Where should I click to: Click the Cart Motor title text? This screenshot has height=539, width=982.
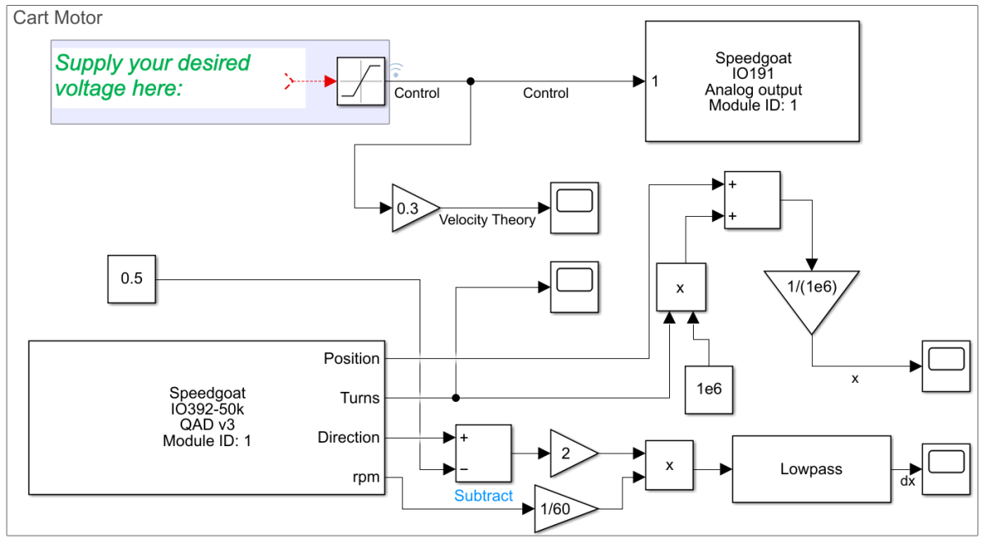[57, 17]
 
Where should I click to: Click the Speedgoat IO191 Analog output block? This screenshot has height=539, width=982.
[753, 81]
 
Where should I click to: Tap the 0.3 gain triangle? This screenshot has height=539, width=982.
[411, 208]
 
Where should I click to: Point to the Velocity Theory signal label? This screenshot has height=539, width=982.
[487, 220]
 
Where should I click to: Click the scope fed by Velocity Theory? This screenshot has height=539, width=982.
[575, 207]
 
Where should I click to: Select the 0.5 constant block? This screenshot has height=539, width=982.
[131, 279]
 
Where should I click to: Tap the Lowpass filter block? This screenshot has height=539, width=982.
[810, 469]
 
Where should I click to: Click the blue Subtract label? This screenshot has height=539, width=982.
[484, 496]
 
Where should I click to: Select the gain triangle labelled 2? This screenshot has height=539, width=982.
[571, 452]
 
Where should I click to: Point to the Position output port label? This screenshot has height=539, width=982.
[351, 358]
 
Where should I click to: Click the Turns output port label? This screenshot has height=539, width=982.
[360, 398]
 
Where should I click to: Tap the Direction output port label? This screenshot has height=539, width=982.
[348, 437]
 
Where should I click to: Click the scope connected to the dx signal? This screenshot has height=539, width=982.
[944, 468]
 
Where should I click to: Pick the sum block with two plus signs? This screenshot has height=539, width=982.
[751, 200]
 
